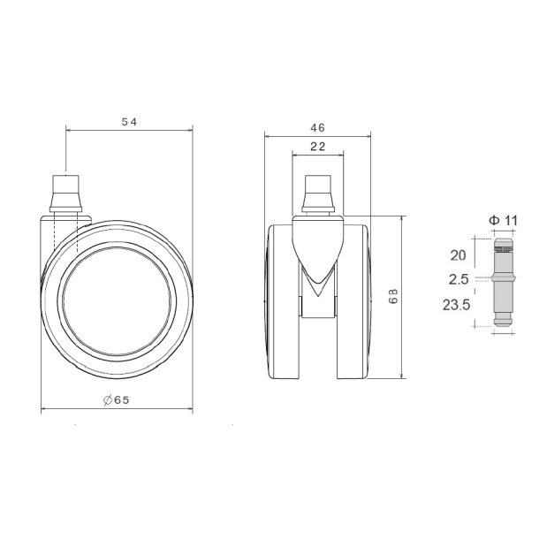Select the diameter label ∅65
tap(116, 400)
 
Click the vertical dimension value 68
tap(392, 298)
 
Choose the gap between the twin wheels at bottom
tap(318, 353)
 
